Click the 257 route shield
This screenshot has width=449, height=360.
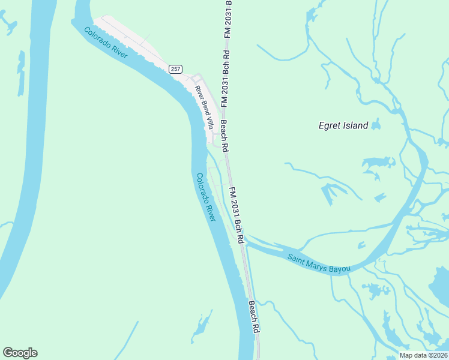point(175,69)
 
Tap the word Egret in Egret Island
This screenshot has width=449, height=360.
point(331,126)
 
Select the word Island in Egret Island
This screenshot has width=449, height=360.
point(356,126)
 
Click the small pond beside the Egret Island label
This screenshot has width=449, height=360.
point(376,125)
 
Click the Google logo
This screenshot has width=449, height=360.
point(20,353)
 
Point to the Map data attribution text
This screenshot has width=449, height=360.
point(412,355)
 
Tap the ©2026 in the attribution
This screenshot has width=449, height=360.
point(436,355)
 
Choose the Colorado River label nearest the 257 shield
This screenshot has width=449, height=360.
point(106,43)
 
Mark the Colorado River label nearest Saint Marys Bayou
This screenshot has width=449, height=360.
point(206,197)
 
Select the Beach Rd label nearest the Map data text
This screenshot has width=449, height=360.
point(255,317)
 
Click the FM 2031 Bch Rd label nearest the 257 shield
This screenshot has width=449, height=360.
point(224,81)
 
